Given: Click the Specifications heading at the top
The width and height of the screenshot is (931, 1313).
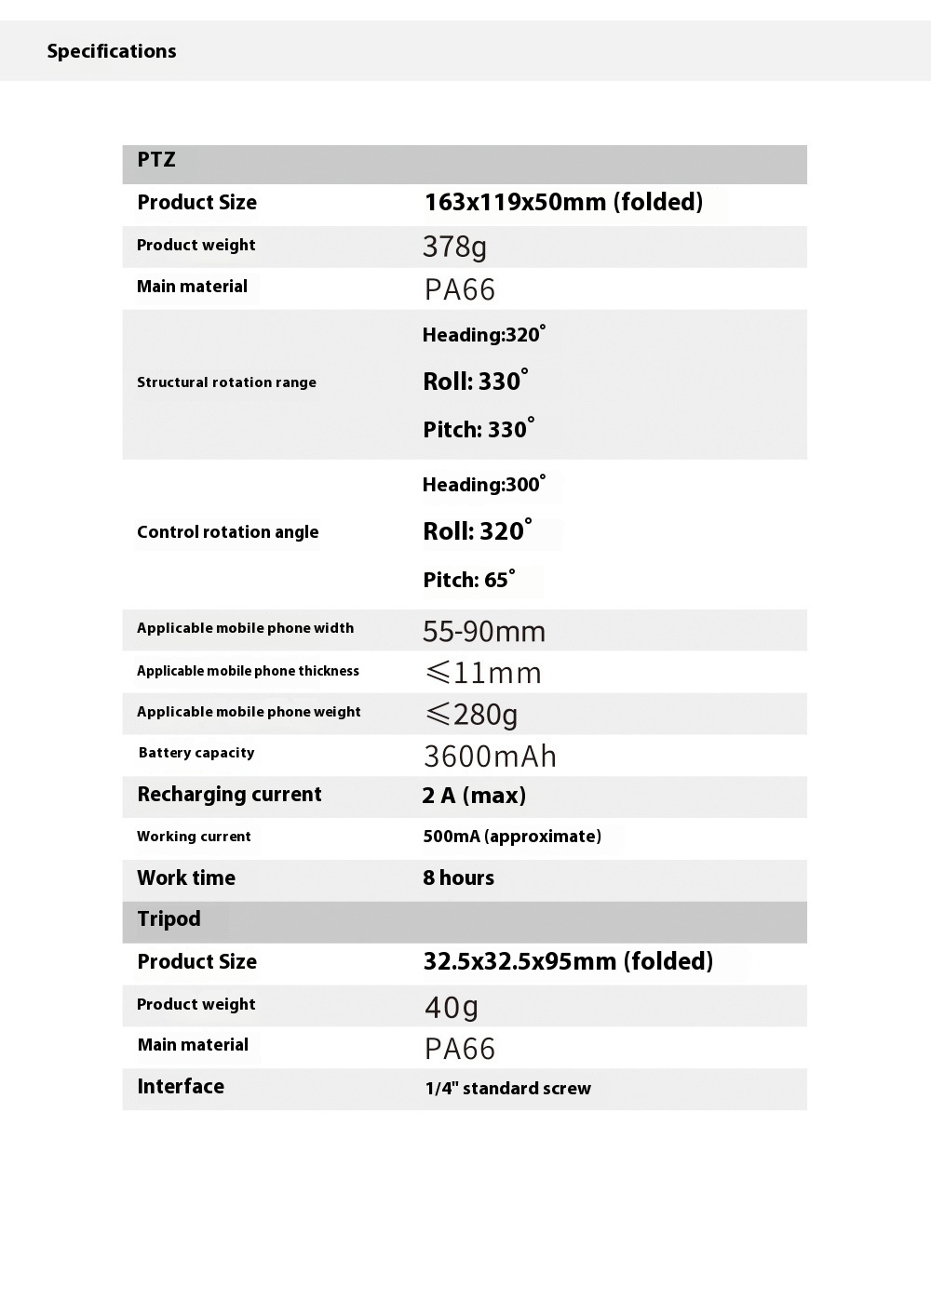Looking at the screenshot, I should tap(112, 51).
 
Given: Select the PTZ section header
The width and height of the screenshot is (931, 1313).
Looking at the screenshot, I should tap(156, 160).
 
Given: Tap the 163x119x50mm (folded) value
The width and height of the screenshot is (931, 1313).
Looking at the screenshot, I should tap(563, 202).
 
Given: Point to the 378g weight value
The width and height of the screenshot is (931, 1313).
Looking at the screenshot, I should tap(454, 247).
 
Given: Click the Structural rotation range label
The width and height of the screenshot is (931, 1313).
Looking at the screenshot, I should tap(226, 382).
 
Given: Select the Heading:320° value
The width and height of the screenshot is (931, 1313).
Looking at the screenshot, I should tap(483, 335).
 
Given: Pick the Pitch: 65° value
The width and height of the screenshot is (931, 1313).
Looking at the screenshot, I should tap(468, 580).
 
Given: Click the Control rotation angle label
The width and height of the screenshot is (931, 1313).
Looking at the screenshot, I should tap(227, 532).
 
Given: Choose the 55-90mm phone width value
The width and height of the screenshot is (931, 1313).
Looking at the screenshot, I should tap(484, 632).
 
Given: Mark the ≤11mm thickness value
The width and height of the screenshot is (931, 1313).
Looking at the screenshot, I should tap(483, 673).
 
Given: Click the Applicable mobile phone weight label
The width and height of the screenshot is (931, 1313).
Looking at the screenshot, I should tap(249, 712).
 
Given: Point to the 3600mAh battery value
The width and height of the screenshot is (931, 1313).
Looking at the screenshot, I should tap(490, 757).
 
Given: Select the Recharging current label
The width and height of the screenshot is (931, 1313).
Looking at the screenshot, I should tap(229, 795).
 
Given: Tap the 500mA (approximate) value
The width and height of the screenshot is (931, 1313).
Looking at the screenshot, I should tap(512, 837).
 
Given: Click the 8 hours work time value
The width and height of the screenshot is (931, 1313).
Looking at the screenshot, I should tap(458, 878).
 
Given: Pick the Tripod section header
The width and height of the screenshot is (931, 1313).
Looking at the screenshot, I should tap(169, 919).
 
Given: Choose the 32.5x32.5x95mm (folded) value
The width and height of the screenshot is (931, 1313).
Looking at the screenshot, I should tap(568, 961).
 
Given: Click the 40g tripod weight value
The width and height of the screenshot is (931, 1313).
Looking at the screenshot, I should tap(452, 1007).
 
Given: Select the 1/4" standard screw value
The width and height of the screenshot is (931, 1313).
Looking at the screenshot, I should tap(507, 1089).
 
